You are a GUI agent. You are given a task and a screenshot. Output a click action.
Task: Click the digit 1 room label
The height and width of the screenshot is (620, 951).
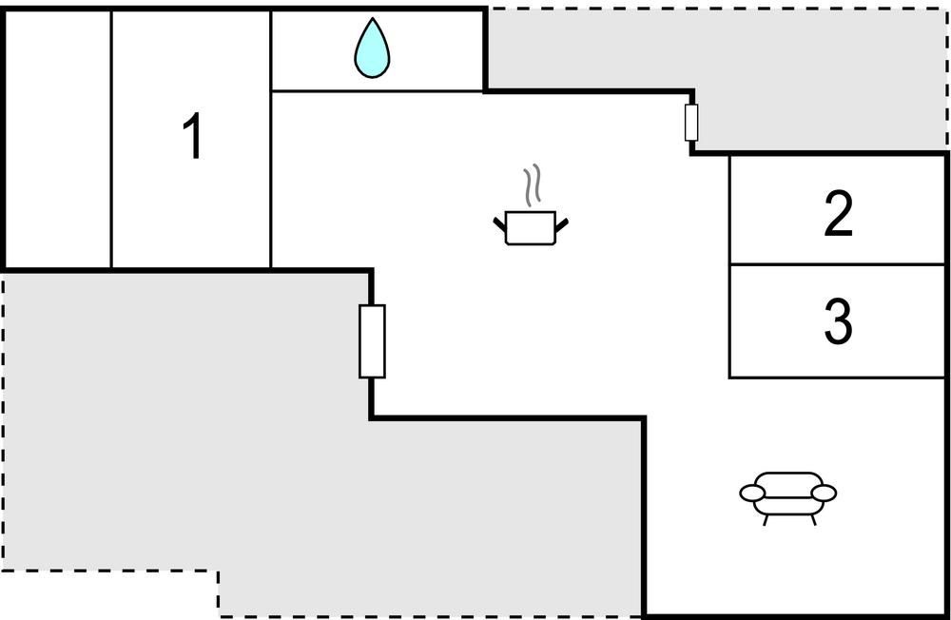pos(193,137)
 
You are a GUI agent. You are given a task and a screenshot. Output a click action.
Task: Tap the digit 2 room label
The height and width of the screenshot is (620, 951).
pos(839,213)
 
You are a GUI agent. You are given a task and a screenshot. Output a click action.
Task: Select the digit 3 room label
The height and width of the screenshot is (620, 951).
pos(838,321)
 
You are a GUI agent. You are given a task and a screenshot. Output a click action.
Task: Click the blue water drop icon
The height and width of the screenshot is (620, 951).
pos(372,48)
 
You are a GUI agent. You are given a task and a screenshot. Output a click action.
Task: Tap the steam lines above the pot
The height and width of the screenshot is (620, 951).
pos(532,184)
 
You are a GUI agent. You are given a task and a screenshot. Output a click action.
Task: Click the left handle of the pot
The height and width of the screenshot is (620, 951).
pos(500,223)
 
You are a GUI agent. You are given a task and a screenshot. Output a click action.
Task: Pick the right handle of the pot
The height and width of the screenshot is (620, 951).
pos(562,224)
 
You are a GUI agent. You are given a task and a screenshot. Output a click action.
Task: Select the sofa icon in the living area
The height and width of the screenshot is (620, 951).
pos(787,498)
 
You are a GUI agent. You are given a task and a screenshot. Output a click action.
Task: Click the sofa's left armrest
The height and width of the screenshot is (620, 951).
pos(752,494)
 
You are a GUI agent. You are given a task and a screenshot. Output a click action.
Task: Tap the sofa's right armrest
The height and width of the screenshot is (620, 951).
pos(824,494)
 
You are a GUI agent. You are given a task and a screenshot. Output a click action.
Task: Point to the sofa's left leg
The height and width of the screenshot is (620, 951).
pos(766,519)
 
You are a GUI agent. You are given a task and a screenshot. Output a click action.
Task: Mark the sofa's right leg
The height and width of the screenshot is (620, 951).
pos(813,519)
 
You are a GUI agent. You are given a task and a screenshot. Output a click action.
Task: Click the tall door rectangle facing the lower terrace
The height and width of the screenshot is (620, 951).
pos(372,341)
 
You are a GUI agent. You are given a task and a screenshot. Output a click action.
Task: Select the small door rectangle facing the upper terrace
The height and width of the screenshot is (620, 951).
pos(690,123)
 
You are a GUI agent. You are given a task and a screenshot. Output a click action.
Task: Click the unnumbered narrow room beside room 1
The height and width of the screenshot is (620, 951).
pos(58,140)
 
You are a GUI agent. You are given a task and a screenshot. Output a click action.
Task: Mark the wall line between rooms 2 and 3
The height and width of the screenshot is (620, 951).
pos(837,264)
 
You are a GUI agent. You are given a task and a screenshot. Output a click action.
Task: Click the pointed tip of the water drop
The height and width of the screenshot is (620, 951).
pos(373,18)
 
